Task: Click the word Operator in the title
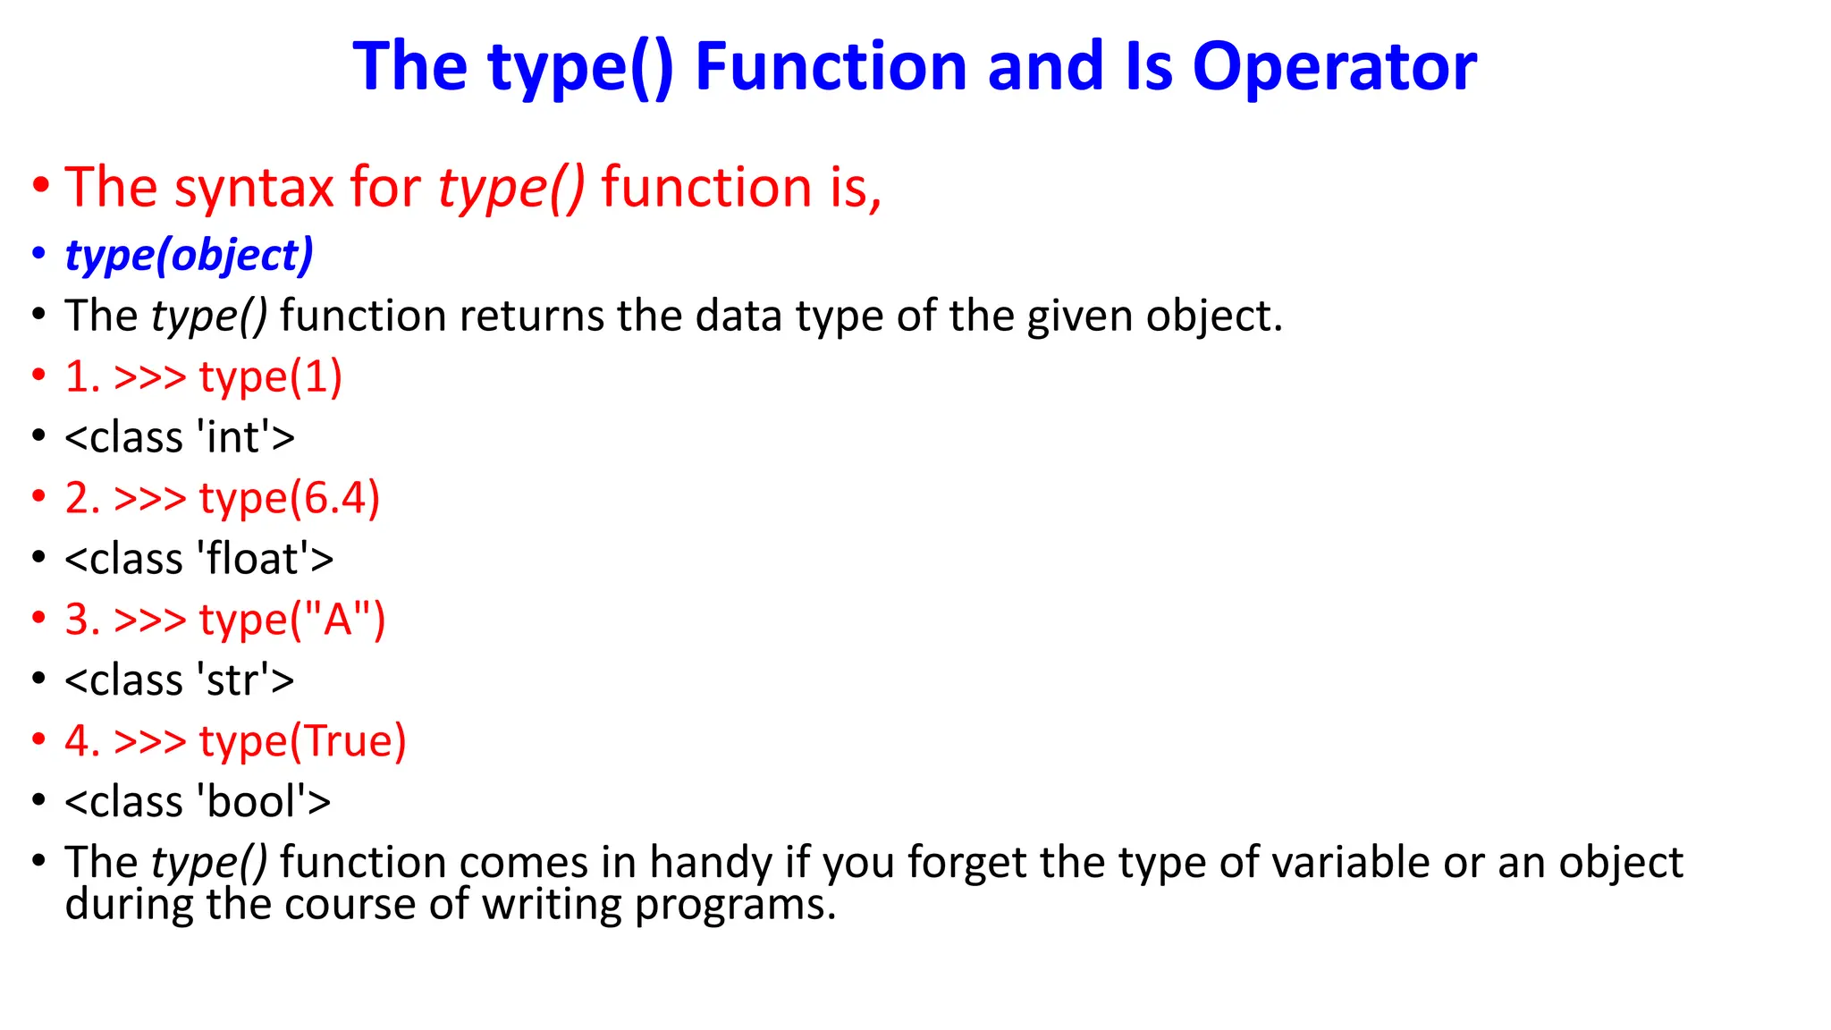1334,67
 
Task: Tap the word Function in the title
831,67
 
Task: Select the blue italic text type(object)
190,256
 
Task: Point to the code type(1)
271,376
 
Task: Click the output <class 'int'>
180,437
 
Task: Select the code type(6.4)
290,498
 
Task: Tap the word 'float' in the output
253,559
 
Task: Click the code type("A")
292,620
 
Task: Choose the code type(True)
302,741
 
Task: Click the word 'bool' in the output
251,802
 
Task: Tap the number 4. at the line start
81,741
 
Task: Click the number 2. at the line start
81,498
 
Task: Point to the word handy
711,864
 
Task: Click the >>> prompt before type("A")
150,620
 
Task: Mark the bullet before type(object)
38,256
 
